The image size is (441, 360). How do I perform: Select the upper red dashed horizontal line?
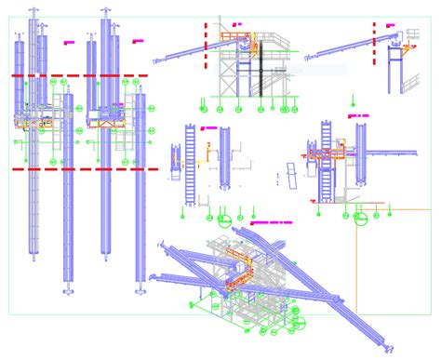[x=79, y=75]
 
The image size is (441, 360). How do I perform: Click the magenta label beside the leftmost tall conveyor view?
[x=67, y=43]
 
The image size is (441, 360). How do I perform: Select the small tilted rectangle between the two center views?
[x=290, y=175]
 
